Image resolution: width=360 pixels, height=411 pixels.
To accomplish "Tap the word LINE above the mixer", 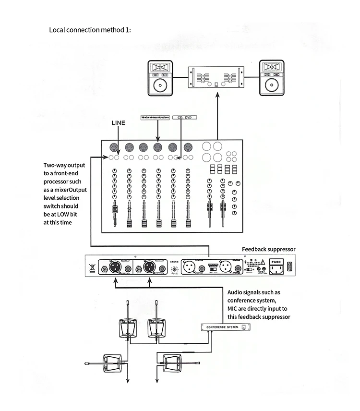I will click(118, 123).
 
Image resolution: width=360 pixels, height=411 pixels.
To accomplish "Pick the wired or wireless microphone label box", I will click(155, 117).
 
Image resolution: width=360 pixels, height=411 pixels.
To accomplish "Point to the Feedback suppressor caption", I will click(268, 249).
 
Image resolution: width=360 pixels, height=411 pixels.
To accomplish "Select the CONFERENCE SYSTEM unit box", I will click(225, 326).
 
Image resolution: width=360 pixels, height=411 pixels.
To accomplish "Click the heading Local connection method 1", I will click(90, 30).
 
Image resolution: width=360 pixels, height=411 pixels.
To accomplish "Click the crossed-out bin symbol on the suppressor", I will click(92, 266).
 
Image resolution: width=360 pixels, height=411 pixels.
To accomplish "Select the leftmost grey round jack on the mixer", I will click(114, 147).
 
